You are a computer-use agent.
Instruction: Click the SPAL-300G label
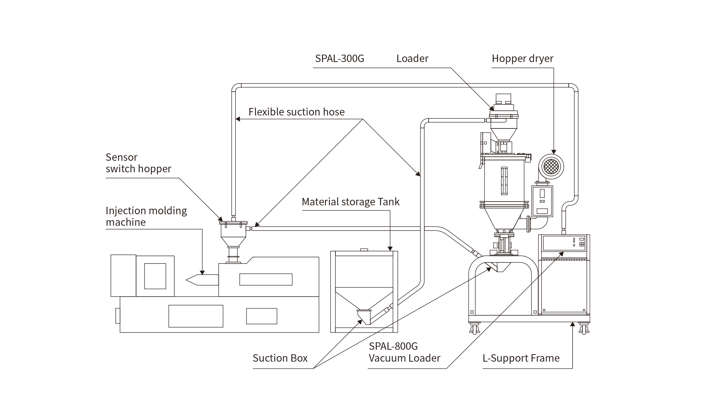[x=340, y=59]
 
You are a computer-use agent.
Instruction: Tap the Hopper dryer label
[x=522, y=59]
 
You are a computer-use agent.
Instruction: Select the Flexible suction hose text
[x=296, y=112]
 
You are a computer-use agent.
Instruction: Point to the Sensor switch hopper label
[x=138, y=163]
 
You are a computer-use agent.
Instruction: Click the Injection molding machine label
[x=146, y=216]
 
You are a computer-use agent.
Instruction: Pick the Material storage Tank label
[x=351, y=202]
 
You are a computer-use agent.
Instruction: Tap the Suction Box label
[x=280, y=358]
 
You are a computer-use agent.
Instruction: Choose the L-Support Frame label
[x=521, y=358]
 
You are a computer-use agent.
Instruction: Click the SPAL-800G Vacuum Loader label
[x=405, y=352]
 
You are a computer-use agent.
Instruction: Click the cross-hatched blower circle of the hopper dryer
[x=551, y=167]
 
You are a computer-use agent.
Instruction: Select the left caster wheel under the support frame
[x=474, y=329]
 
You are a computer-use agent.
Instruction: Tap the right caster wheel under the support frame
[x=583, y=329]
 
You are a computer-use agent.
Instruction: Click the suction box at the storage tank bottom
[x=364, y=316]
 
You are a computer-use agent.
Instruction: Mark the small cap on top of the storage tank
[x=364, y=250]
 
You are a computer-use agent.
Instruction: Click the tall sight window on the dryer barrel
[x=504, y=181]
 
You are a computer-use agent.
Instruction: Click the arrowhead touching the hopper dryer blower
[x=554, y=152]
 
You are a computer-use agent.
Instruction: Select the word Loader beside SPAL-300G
[x=412, y=59]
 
